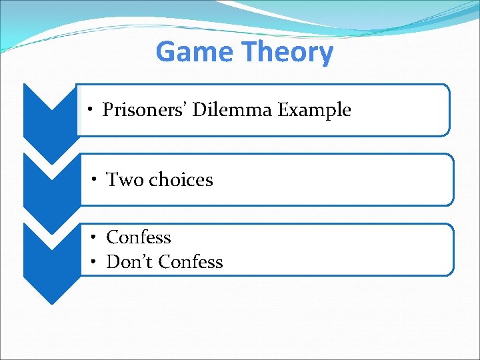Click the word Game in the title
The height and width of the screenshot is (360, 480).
(195, 52)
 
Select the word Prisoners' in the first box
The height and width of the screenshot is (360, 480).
(145, 109)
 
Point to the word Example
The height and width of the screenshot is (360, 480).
(314, 109)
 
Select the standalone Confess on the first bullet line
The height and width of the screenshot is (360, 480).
(139, 237)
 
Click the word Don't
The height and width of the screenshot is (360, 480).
(131, 262)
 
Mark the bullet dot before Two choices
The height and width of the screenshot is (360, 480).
(96, 180)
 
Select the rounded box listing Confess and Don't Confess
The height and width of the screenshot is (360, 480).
(333, 249)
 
